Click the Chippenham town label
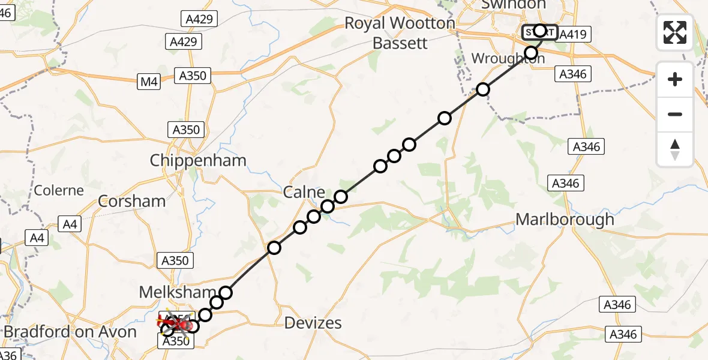[x=198, y=161]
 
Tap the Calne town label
[x=304, y=193]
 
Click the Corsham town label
[x=131, y=201]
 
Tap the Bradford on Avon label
[x=70, y=332]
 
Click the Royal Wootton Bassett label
[x=400, y=33]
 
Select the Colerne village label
[x=59, y=190]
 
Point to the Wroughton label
[x=508, y=59]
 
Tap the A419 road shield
[x=572, y=35]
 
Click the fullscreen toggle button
[x=675, y=33]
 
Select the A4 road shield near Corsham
[x=70, y=224]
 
